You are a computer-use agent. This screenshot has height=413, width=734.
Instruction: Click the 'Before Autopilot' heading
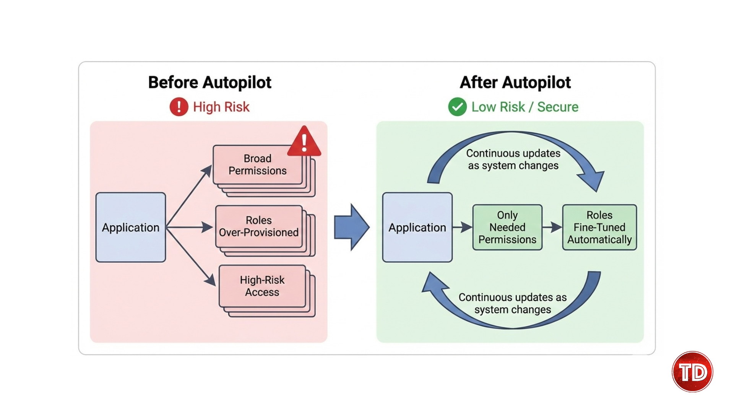pos(209,83)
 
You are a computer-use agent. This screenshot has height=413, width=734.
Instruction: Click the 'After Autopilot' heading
pos(515,83)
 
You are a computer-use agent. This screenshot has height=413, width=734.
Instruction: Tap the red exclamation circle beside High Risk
pos(179,107)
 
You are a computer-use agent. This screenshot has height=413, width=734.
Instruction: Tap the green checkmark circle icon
pos(457,107)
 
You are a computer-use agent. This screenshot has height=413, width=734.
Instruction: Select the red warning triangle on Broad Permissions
pos(304,142)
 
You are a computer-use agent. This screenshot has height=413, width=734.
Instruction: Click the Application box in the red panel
pos(130,227)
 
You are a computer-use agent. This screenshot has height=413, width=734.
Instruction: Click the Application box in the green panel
pos(417,227)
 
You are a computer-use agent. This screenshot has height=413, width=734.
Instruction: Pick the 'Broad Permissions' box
pos(257,165)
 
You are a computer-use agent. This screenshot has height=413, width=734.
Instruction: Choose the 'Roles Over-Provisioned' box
pos(259,226)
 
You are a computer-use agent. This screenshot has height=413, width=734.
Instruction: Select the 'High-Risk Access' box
pos(262,286)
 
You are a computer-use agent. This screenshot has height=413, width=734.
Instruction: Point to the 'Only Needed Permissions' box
pos(507,227)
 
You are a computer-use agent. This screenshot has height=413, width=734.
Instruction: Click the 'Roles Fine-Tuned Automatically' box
pos(599,227)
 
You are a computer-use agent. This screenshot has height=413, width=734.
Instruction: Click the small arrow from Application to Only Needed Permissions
pos(463,227)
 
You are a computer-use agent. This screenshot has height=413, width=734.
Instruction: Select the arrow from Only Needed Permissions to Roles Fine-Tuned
pos(552,227)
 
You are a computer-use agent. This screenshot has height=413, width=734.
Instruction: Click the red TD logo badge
pos(692,372)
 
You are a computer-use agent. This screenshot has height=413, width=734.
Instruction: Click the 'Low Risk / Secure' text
pos(525,107)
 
